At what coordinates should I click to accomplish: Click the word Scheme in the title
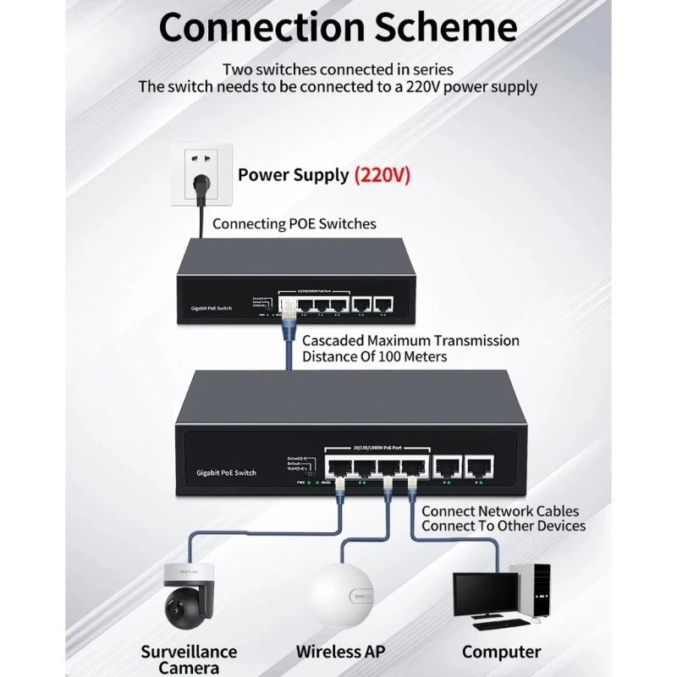point(445,27)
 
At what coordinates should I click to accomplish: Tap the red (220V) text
point(383,175)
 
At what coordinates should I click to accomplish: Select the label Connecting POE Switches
point(294,224)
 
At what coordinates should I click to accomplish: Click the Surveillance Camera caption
point(189,659)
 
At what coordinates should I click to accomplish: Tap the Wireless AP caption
point(340,652)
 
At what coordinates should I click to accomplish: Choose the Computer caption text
point(501,652)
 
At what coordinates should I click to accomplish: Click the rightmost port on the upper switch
point(383,302)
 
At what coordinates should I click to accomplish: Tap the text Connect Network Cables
point(500,511)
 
